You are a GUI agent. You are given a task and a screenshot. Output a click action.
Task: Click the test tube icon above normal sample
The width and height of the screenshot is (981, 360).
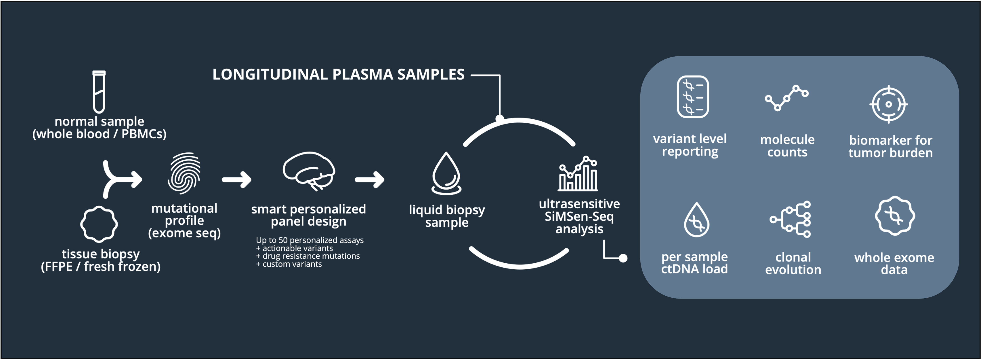(x=99, y=92)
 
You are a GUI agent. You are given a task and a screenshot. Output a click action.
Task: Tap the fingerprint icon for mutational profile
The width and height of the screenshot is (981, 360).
(x=184, y=173)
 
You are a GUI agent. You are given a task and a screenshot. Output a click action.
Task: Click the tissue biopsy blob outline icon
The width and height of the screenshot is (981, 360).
(x=99, y=224)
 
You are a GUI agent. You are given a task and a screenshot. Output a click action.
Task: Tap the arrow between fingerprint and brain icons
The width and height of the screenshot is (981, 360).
(x=237, y=179)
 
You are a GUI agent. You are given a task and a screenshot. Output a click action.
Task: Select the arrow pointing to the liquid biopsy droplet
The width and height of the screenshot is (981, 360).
(x=369, y=179)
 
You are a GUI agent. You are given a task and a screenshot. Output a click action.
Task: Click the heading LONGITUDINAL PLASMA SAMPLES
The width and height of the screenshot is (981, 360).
(x=338, y=75)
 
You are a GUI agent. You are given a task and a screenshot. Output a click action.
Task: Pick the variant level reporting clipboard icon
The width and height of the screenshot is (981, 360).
(x=693, y=97)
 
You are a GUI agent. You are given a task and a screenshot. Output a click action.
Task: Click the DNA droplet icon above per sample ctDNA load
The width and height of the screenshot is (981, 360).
(x=696, y=220)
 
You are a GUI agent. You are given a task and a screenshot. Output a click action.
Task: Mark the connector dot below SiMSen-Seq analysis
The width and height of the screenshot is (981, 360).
(x=623, y=258)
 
